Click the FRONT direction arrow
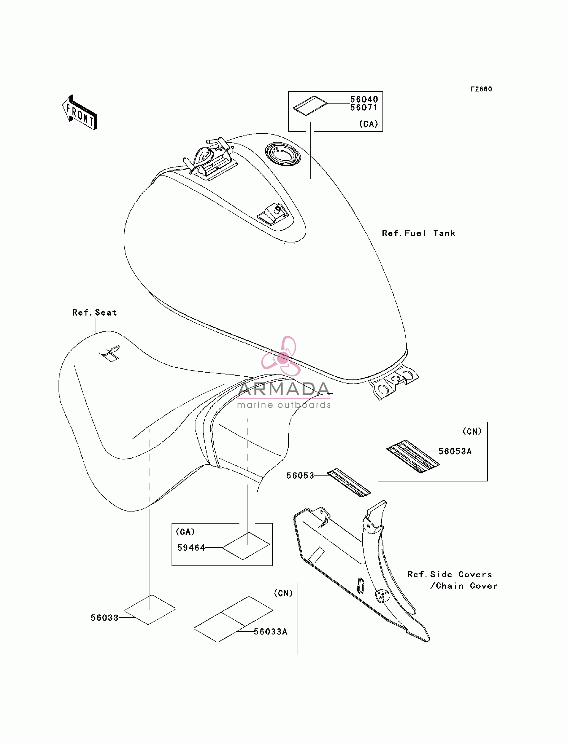tap(80, 113)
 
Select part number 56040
tap(364, 99)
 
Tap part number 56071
tap(364, 108)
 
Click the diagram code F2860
tap(482, 89)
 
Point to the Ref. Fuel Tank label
tap(418, 233)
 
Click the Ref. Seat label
tap(94, 312)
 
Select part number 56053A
tap(455, 451)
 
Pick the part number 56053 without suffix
tap(300, 476)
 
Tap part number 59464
tap(191, 548)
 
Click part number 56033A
tap(270, 632)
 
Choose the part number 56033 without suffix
tap(104, 618)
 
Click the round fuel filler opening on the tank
tap(283, 154)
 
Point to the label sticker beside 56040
tap(310, 106)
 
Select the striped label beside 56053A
tap(413, 456)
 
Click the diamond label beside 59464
tap(246, 546)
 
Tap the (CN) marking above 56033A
tap(283, 593)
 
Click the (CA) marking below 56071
tap(369, 124)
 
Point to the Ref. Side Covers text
tap(450, 574)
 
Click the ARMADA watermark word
tap(284, 389)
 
